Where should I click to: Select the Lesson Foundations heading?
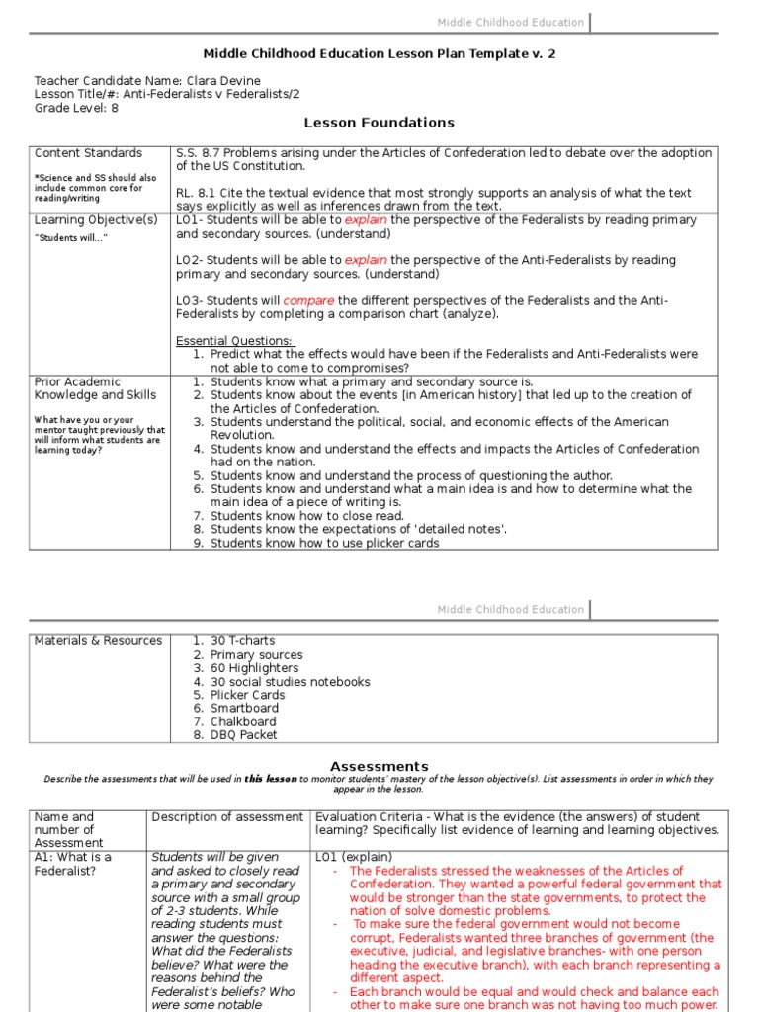pyautogui.click(x=379, y=123)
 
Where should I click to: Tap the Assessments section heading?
pyautogui.click(x=379, y=766)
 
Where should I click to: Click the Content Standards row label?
pyautogui.click(x=88, y=153)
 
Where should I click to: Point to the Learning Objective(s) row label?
pyautogui.click(x=96, y=220)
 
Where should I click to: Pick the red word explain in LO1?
pyautogui.click(x=366, y=220)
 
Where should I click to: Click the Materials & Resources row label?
pyautogui.click(x=98, y=641)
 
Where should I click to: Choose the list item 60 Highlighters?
pyautogui.click(x=254, y=668)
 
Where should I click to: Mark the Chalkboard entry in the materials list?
pyautogui.click(x=244, y=721)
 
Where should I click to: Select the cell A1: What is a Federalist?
pyautogui.click(x=73, y=864)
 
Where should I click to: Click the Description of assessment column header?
pyautogui.click(x=227, y=817)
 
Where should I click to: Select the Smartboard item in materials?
pyautogui.click(x=244, y=709)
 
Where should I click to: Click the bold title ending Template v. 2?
pyautogui.click(x=379, y=53)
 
